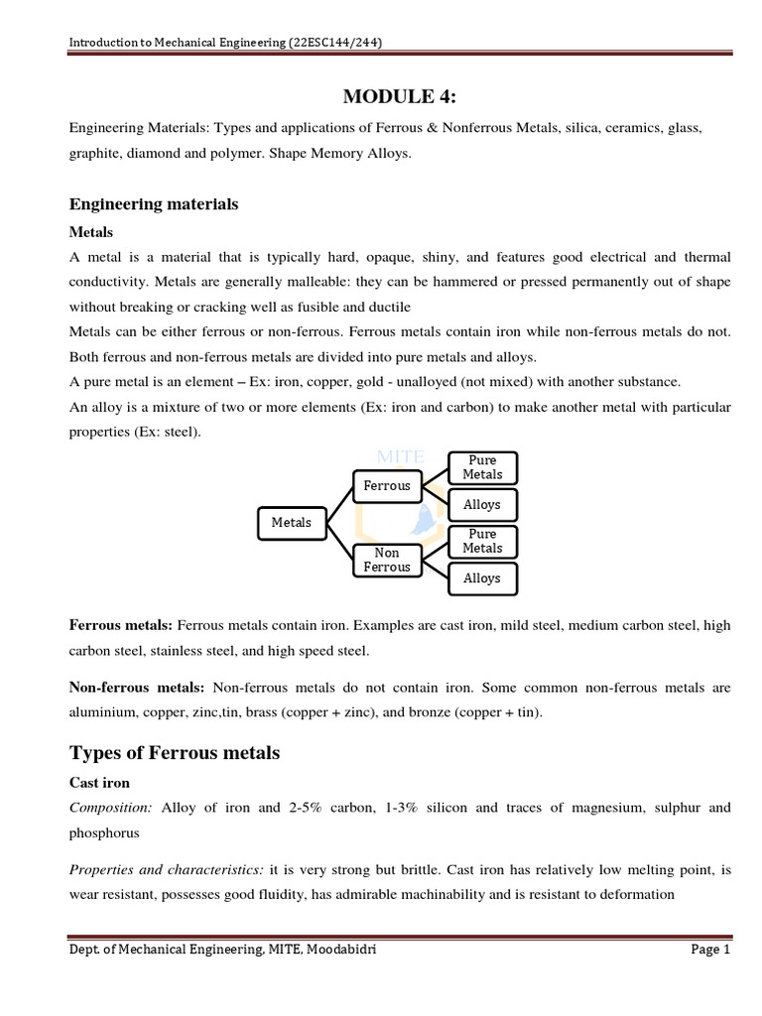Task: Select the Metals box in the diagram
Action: pyautogui.click(x=291, y=522)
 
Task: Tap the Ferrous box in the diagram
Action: pyautogui.click(x=386, y=486)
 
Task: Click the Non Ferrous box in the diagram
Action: pyautogui.click(x=386, y=560)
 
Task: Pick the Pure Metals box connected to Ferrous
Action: pyautogui.click(x=482, y=467)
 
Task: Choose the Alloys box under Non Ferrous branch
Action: pyautogui.click(x=482, y=577)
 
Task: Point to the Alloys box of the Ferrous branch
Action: pyautogui.click(x=482, y=504)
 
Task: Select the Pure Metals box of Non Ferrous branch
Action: pyautogui.click(x=482, y=541)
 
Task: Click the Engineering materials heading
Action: pyautogui.click(x=154, y=203)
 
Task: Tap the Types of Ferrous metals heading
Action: pyautogui.click(x=175, y=753)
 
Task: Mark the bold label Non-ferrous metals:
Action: pyautogui.click(x=137, y=687)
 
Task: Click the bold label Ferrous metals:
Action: pyautogui.click(x=121, y=626)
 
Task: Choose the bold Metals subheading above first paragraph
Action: pyautogui.click(x=90, y=232)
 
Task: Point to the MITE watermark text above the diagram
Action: pyautogui.click(x=400, y=456)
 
